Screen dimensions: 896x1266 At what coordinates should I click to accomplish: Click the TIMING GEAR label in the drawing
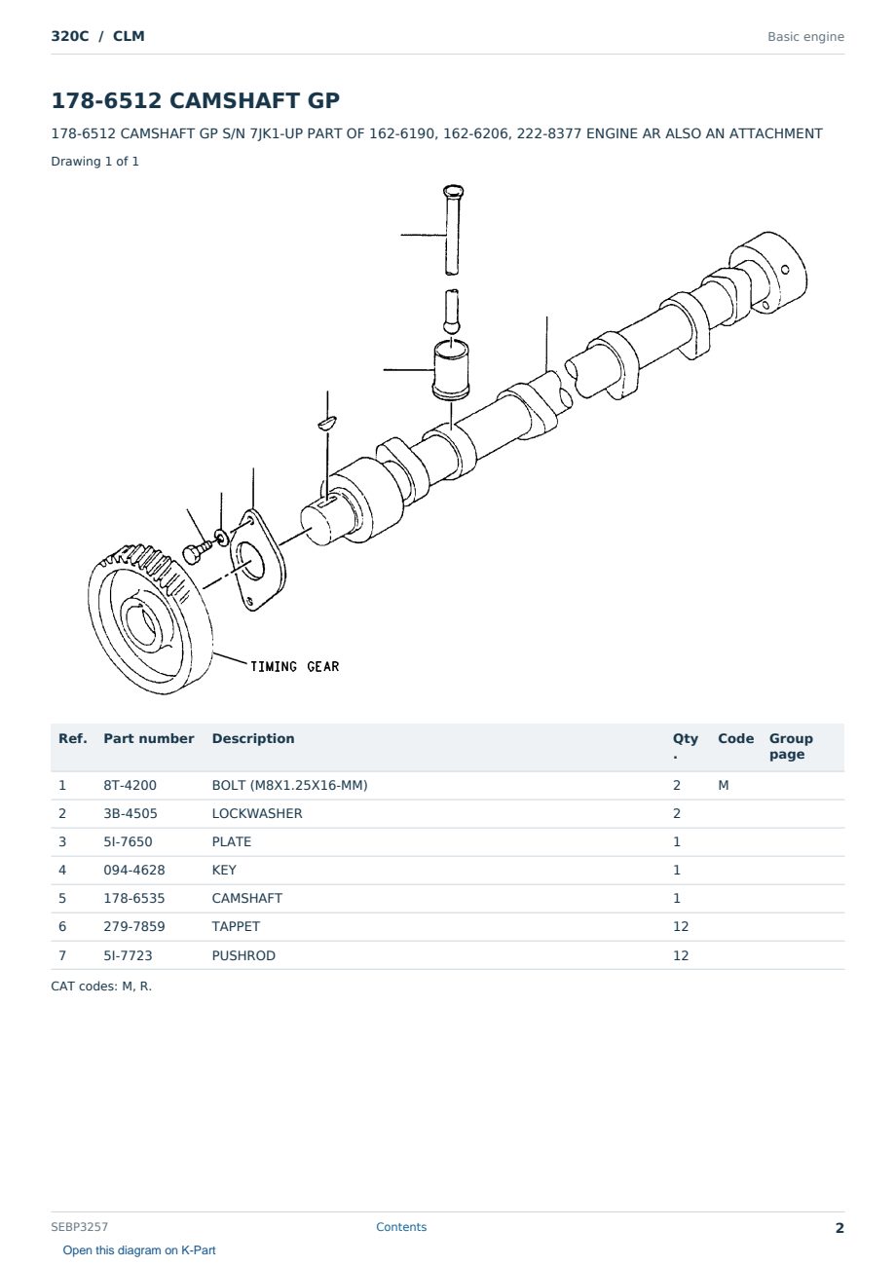pyautogui.click(x=294, y=667)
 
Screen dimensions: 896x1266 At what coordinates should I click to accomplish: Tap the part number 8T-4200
pyautogui.click(x=131, y=785)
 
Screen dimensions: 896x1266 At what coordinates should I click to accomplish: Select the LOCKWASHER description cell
pyautogui.click(x=257, y=813)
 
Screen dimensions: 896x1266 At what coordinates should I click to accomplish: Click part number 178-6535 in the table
pyautogui.click(x=134, y=898)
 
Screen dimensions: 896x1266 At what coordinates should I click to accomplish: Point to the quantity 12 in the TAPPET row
pyautogui.click(x=681, y=926)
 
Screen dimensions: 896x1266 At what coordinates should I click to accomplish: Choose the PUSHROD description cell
pyautogui.click(x=243, y=955)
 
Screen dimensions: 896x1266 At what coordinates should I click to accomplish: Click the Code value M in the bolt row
pyautogui.click(x=723, y=785)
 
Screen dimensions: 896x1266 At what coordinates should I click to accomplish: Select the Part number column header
pyautogui.click(x=149, y=738)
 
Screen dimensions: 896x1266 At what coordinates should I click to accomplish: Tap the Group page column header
pyautogui.click(x=791, y=746)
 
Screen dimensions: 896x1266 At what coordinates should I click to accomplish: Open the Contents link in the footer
pyautogui.click(x=401, y=1226)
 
